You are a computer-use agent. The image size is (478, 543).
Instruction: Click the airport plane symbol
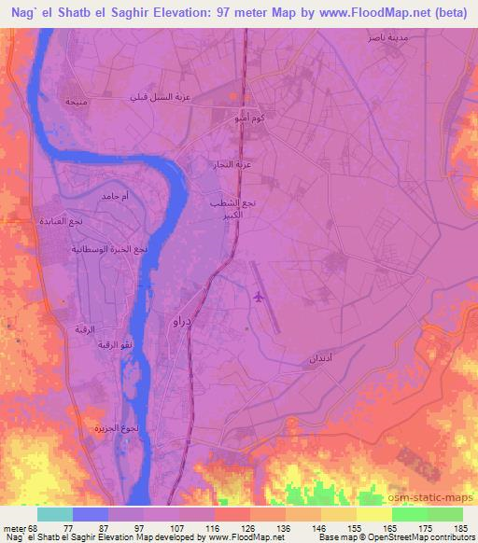[x=259, y=298]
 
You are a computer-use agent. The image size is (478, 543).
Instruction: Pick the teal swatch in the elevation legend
[x=54, y=514]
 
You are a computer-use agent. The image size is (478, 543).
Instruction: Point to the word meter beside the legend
[x=15, y=529]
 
